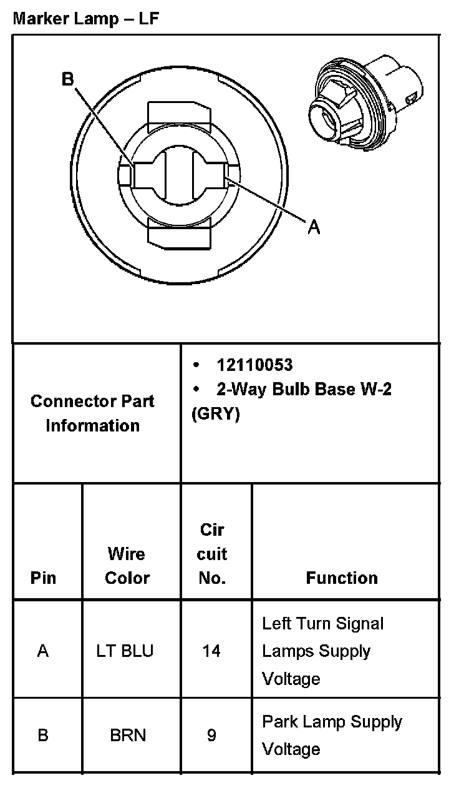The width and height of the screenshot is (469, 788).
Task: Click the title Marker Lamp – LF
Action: coord(86,19)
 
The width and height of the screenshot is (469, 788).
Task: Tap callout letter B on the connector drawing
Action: coord(68,79)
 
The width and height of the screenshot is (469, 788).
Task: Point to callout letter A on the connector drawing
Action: coord(314,228)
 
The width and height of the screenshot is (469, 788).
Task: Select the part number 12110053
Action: coord(254,365)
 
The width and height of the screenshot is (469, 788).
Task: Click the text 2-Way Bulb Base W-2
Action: coord(304,390)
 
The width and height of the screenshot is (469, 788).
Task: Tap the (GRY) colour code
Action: coord(215,415)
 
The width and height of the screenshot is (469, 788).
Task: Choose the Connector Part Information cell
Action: coord(92,413)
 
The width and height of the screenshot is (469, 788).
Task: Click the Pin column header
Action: coord(43,578)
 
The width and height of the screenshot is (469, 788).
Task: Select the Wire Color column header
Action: coord(127,566)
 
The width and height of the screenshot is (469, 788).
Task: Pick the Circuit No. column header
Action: coord(212,554)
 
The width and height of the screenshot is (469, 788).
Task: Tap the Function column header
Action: coord(342,578)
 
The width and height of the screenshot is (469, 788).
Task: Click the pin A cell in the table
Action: coord(43,651)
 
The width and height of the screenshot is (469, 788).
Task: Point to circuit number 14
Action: coord(211,651)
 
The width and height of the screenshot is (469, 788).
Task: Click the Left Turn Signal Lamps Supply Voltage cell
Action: coord(323,651)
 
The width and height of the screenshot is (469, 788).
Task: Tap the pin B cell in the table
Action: coord(43,736)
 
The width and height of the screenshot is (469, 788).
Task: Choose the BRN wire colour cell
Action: coord(128,736)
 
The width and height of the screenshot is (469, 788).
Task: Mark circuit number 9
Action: coord(211,736)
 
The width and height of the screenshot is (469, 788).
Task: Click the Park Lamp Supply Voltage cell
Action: coord(332,736)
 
